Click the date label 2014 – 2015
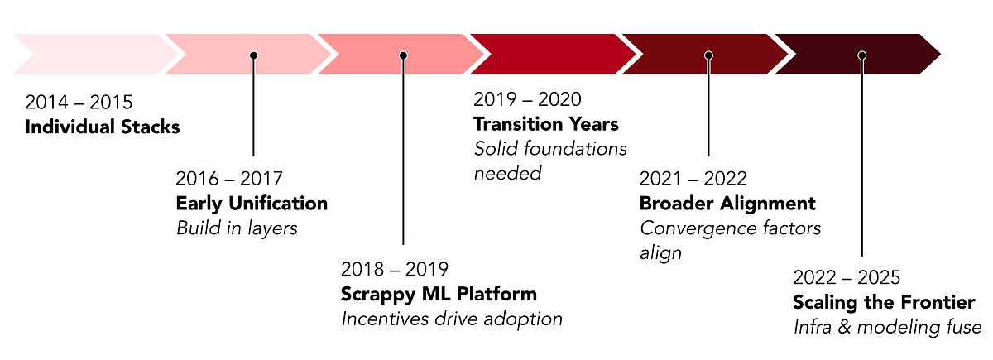click(79, 103)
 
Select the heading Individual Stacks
click(102, 127)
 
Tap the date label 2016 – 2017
click(229, 179)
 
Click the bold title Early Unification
click(252, 204)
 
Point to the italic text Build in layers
click(237, 228)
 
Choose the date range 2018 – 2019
click(394, 269)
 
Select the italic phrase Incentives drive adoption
click(452, 319)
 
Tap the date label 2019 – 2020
click(527, 99)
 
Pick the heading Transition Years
click(546, 124)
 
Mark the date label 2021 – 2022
click(693, 179)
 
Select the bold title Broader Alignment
click(727, 204)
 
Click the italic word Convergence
click(694, 228)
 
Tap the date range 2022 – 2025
click(847, 277)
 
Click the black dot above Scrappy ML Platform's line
click(404, 55)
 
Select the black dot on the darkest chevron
click(861, 55)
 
